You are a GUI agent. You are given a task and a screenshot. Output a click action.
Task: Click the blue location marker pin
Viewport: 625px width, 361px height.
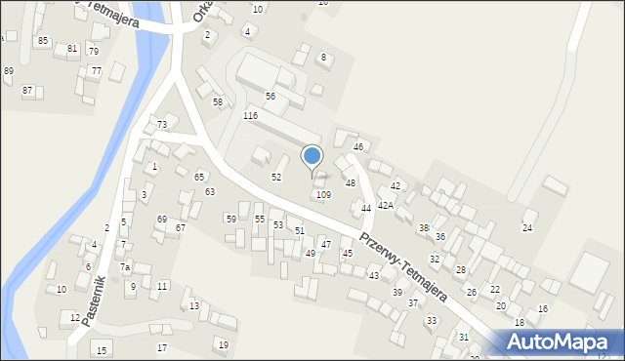click(x=312, y=156)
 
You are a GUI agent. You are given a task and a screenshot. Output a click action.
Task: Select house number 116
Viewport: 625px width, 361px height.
click(x=251, y=116)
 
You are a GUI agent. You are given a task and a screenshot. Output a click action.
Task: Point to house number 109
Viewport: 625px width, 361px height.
click(x=323, y=195)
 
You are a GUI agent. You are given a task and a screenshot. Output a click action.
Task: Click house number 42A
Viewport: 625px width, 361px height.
click(x=386, y=206)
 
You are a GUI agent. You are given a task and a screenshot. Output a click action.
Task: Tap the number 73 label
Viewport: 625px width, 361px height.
click(x=162, y=125)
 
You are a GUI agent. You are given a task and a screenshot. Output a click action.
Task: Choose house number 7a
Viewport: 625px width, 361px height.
click(x=125, y=267)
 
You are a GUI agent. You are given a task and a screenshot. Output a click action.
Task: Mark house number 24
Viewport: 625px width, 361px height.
click(x=527, y=228)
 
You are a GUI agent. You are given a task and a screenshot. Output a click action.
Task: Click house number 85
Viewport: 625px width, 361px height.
click(x=42, y=41)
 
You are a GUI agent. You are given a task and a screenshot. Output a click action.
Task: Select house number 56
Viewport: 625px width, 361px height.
click(x=270, y=97)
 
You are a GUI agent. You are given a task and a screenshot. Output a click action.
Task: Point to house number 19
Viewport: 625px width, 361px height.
click(x=223, y=345)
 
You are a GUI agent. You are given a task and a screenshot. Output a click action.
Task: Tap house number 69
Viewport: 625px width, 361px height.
click(x=162, y=220)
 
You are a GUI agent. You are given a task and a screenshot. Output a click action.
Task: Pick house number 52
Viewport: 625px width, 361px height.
click(x=276, y=178)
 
